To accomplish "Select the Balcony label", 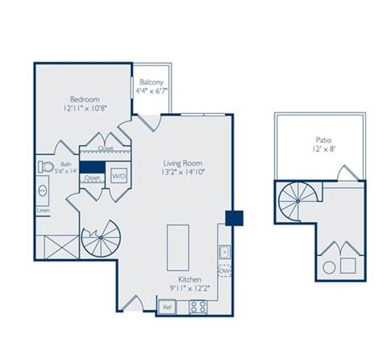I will coord(152,82).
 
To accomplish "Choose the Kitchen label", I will coord(189,277).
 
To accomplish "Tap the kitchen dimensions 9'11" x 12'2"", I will coord(189,287).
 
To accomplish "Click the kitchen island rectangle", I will coord(177,248).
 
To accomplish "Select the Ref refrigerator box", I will coord(168,307).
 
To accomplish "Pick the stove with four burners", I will coord(198,307).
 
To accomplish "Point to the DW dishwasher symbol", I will coord(224,271).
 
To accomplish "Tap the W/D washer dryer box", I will coord(119,175).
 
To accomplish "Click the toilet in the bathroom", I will coord(45,168).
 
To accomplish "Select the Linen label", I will coord(42,211).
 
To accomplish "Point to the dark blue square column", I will coord(234,218).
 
